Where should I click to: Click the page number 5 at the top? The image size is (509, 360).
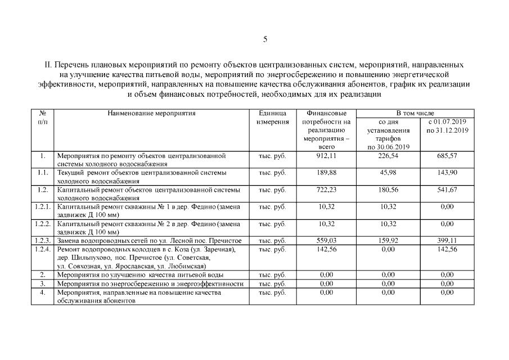point(265,39)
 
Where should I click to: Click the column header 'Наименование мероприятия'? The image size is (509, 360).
point(151,113)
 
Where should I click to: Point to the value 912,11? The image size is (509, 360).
point(327,155)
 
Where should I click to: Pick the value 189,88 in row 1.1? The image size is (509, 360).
point(327,173)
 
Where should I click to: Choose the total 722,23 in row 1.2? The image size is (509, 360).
point(327,190)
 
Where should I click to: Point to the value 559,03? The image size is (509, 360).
point(327,241)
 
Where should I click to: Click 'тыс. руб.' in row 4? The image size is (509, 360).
point(272,292)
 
